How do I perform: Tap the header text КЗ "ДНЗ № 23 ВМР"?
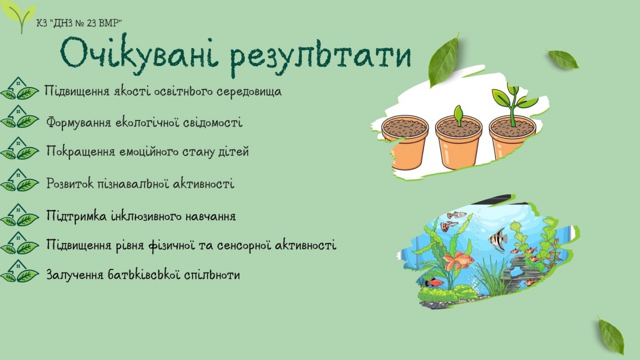pos(79,23)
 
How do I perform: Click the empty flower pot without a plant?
pos(404,141)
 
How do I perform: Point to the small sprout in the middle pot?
pos(459,116)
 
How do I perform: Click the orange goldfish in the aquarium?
pos(458,261)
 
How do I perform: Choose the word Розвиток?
pos(70,183)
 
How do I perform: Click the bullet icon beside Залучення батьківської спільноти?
pos(20,271)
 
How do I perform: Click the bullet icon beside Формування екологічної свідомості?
pos(20,117)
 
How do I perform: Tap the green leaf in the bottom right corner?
pos(611,336)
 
